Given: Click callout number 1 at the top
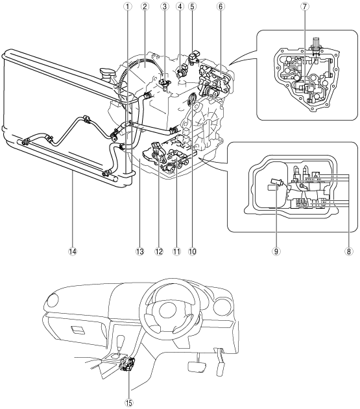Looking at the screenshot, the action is (128, 6).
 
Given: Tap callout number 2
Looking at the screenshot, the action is (145, 6).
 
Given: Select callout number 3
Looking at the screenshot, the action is (165, 6).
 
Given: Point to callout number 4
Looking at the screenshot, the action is (180, 6).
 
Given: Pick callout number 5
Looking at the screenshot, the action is (192, 6).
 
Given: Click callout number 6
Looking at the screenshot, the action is (221, 6).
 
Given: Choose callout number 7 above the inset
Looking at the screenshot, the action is (304, 6).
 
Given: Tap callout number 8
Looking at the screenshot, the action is (348, 251).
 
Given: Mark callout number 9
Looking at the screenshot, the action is (276, 251).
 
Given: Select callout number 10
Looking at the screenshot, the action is (192, 251).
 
